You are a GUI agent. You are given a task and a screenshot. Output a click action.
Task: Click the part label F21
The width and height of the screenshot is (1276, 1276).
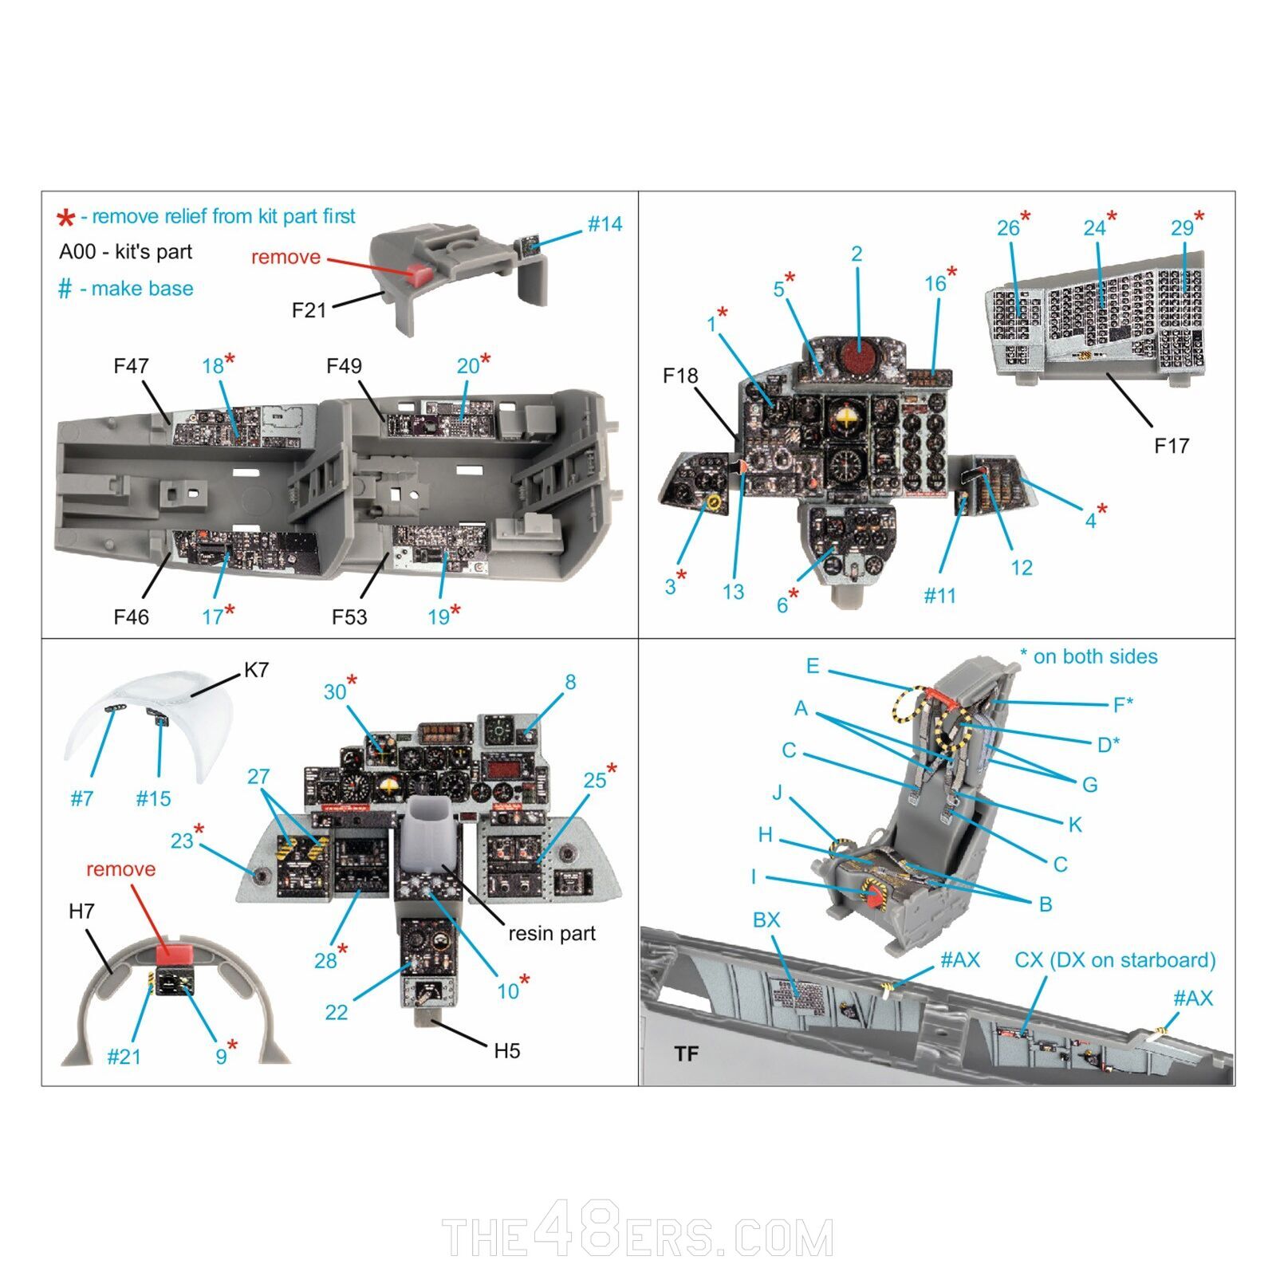tap(309, 310)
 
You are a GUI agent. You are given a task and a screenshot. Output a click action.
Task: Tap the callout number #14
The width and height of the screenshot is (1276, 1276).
tap(605, 225)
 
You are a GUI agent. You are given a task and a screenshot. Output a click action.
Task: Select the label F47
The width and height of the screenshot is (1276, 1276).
tap(131, 366)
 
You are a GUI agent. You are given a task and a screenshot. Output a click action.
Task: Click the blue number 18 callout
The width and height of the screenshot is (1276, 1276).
tap(213, 366)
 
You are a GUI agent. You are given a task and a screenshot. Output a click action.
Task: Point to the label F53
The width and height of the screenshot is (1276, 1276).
tap(349, 616)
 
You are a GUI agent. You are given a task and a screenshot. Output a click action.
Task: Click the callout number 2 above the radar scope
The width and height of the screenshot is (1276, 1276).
tap(857, 254)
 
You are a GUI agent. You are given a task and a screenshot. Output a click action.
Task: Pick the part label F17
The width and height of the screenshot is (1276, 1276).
tap(1171, 446)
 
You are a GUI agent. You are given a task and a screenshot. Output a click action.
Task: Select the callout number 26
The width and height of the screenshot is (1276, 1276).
tap(1008, 228)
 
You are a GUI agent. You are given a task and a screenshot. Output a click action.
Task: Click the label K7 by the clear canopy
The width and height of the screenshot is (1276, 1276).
tap(256, 670)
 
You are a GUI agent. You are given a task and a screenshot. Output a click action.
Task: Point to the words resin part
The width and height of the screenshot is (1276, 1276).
tap(552, 933)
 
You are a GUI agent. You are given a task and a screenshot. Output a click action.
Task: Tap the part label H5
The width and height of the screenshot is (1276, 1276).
tap(506, 1051)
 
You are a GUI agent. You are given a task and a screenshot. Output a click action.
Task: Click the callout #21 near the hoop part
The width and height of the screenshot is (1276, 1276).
tap(124, 1057)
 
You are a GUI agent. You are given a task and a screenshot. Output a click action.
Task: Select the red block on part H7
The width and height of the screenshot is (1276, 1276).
tap(175, 952)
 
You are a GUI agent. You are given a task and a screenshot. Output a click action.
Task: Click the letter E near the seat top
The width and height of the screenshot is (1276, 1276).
tap(812, 666)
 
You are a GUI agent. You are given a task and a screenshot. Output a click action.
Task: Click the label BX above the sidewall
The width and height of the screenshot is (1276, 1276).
tap(766, 920)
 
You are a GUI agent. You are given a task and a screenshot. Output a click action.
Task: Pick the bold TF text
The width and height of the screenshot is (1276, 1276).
tap(686, 1054)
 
